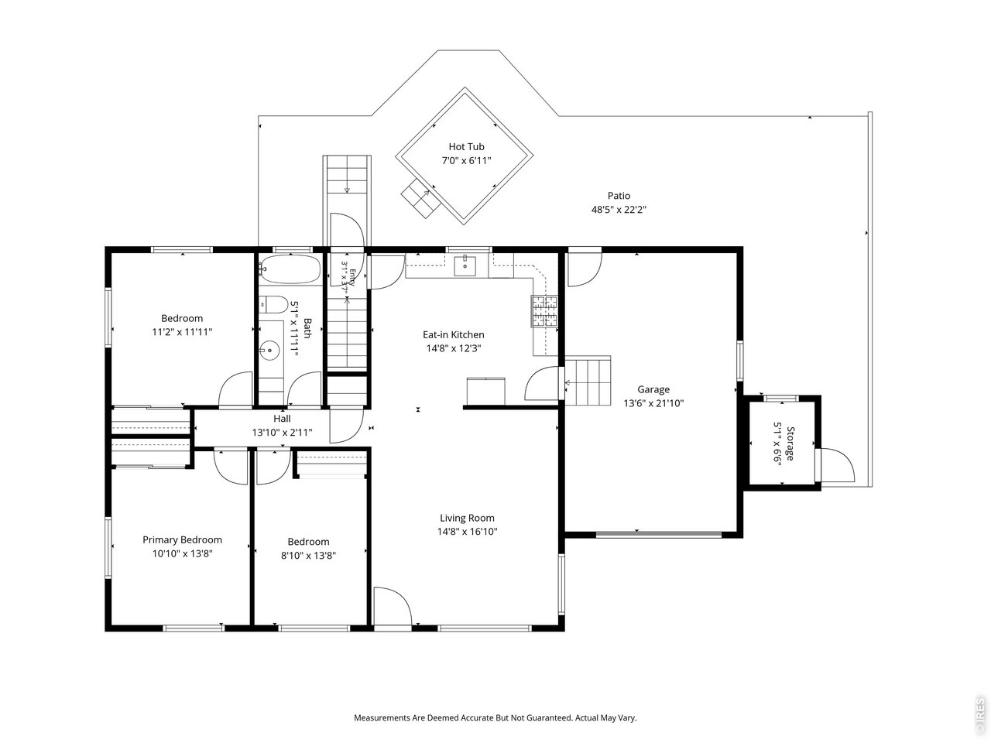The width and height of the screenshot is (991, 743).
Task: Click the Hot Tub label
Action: [466, 146]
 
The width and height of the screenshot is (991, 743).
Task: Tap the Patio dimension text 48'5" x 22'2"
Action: [619, 209]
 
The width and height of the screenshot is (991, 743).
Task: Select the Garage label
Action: [653, 389]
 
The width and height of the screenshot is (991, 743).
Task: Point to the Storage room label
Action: [790, 443]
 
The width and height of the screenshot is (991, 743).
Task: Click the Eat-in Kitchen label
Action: [453, 334]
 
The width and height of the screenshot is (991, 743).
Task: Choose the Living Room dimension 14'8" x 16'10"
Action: [468, 532]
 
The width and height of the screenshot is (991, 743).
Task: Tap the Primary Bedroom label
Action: [182, 539]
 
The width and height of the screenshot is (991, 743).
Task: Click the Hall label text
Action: [282, 419]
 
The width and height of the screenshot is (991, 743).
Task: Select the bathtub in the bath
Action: [291, 269]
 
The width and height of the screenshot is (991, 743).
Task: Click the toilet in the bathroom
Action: [273, 305]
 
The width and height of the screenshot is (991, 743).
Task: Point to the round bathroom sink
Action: [269, 350]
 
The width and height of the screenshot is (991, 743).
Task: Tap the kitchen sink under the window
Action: [465, 265]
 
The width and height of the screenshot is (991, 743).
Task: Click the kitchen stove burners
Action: [544, 311]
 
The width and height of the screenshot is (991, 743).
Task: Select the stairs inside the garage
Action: [588, 380]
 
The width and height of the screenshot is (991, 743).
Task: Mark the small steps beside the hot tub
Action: [420, 198]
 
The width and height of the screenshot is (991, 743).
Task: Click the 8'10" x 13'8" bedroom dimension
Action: [308, 556]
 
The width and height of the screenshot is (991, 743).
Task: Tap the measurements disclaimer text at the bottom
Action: [495, 717]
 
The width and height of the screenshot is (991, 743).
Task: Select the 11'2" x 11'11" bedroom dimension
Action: [182, 332]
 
